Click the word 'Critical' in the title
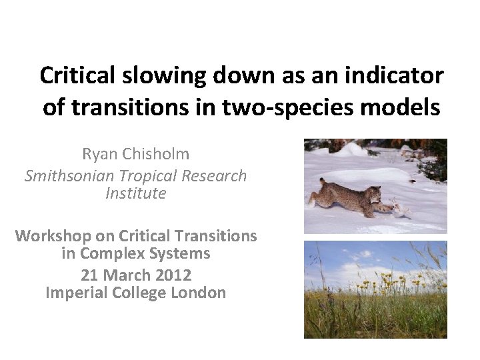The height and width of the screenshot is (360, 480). coord(79,75)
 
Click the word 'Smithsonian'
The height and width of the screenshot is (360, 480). coord(64,176)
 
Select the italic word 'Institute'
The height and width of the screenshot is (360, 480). coord(136,194)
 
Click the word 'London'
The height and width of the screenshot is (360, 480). coord(197,292)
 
